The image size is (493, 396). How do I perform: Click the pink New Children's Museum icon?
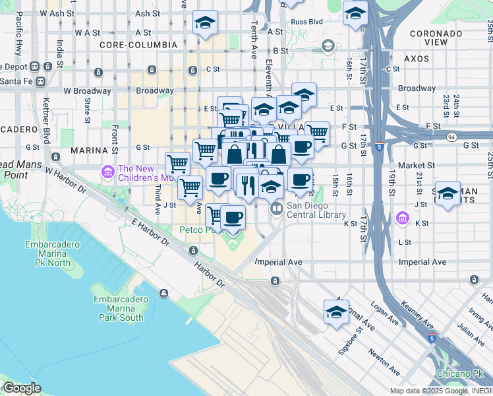pyautogui.click(x=107, y=172)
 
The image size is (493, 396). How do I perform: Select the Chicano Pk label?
pyautogui.click(x=459, y=374)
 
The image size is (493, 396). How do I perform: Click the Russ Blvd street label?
pyautogui.click(x=306, y=21)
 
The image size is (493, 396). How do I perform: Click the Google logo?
pyautogui.click(x=21, y=388)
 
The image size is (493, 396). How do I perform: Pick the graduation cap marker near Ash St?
pyautogui.click(x=205, y=22)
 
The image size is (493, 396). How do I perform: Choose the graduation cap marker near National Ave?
pyautogui.click(x=336, y=312)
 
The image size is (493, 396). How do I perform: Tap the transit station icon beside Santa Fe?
pyautogui.click(x=40, y=81)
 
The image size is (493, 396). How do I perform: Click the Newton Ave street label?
pyautogui.click(x=384, y=361)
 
